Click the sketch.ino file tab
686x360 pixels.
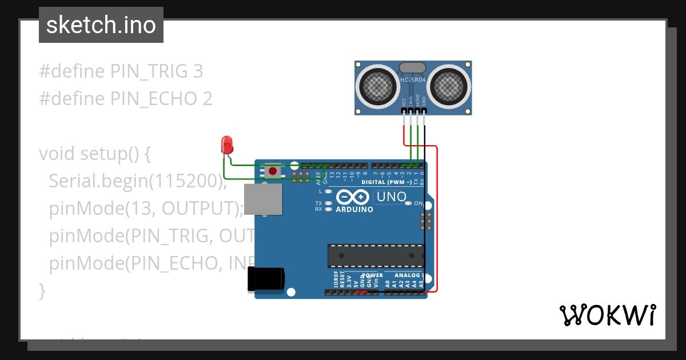pos(101,25)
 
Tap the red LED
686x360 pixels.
pos(227,144)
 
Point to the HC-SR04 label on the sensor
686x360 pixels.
pos(413,81)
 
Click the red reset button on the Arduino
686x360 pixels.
pos(273,170)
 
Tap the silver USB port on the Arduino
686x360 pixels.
pos(263,198)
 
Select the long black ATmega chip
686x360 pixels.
pos(376,256)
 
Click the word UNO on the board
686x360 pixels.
pos(390,197)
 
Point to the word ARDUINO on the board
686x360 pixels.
pos(354,210)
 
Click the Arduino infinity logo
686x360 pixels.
pos(353,198)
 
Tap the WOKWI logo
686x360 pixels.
pos(607,315)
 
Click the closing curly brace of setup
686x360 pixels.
pos(42,290)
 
